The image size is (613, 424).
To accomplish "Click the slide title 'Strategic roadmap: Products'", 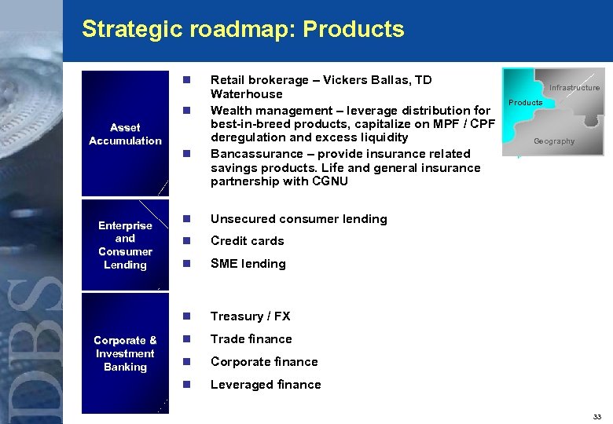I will click(x=243, y=30).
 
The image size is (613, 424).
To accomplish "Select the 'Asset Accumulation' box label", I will click(x=125, y=134).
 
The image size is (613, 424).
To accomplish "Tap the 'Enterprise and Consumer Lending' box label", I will click(x=125, y=245).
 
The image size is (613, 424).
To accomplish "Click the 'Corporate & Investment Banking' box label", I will click(x=125, y=353).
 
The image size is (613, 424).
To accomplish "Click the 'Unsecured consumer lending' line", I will click(x=299, y=219).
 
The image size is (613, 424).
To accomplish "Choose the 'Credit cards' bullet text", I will click(x=247, y=241).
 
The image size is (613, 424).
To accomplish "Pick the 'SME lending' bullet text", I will click(x=248, y=264).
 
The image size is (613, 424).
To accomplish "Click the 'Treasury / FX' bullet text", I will click(x=250, y=316).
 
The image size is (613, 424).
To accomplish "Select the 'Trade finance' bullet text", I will click(x=251, y=339).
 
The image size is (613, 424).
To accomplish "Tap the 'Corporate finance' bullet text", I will click(x=264, y=362).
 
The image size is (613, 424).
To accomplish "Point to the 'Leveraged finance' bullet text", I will click(x=266, y=385).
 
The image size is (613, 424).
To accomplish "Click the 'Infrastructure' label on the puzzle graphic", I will click(x=574, y=88).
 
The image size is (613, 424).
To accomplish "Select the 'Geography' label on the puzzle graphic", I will click(x=554, y=141).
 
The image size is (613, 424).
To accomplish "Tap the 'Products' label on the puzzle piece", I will click(x=525, y=103).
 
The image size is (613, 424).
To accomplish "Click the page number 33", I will click(x=597, y=416).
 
